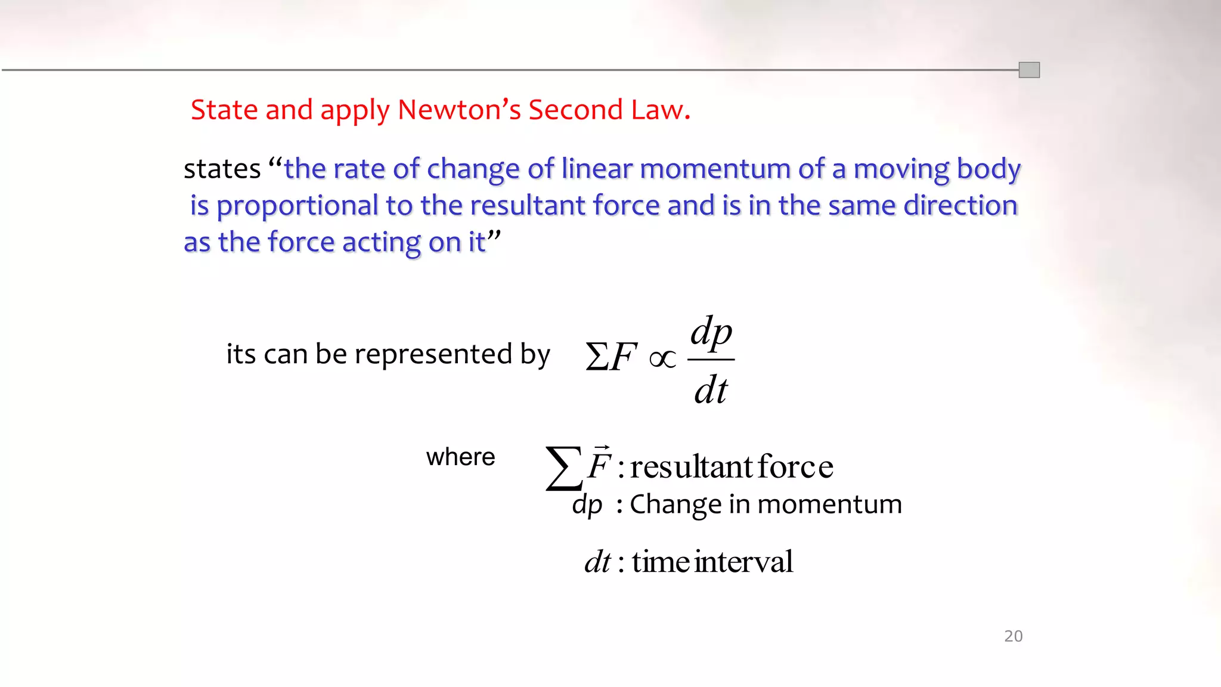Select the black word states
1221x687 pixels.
pyautogui.click(x=222, y=169)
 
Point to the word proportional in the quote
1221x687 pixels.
pyautogui.click(x=297, y=206)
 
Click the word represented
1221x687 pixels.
pyautogui.click(x=433, y=354)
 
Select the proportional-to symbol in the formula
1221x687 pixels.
pyautogui.click(x=662, y=359)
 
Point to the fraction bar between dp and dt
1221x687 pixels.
pyautogui.click(x=711, y=360)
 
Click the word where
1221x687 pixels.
pyautogui.click(x=460, y=457)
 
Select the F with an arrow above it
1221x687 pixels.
pyautogui.click(x=599, y=464)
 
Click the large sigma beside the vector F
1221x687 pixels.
pyautogui.click(x=563, y=468)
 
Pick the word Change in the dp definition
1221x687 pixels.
pyautogui.click(x=674, y=505)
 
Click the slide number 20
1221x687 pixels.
pyautogui.click(x=1013, y=636)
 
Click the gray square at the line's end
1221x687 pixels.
pyautogui.click(x=1029, y=70)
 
